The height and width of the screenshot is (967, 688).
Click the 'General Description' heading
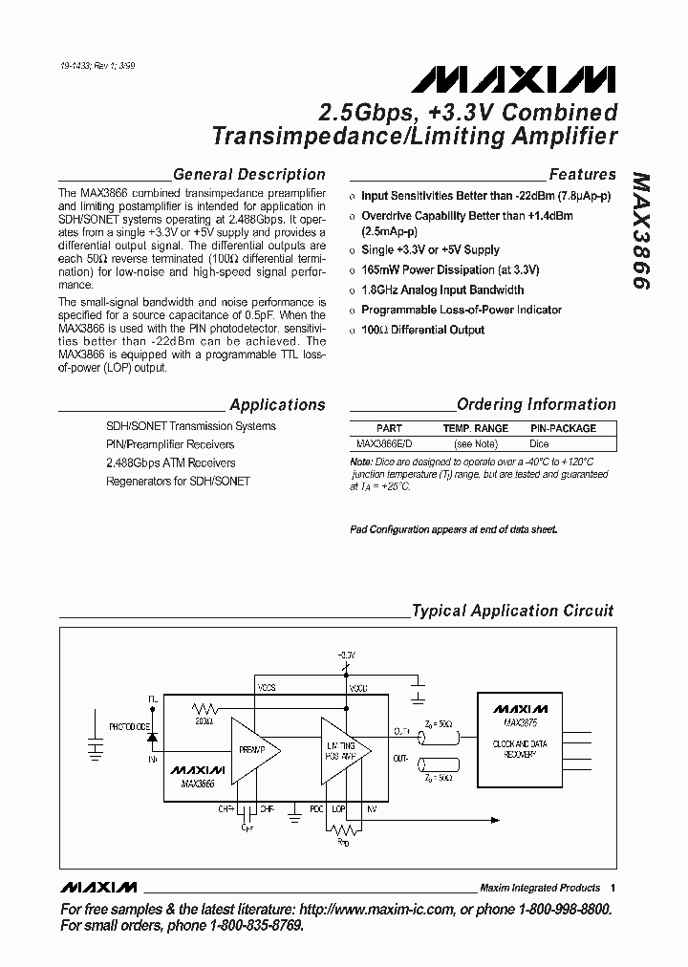[248, 175]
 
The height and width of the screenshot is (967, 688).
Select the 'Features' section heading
[582, 175]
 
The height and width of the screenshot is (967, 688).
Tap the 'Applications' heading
[277, 405]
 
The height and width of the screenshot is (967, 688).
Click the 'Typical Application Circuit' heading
[512, 611]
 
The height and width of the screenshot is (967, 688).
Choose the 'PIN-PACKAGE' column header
[563, 429]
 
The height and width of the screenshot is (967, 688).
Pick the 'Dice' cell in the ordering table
[540, 444]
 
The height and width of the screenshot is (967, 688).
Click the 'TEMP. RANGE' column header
[475, 429]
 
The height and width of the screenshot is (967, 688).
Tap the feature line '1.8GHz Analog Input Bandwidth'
[442, 290]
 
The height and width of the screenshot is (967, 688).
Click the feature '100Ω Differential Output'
[422, 330]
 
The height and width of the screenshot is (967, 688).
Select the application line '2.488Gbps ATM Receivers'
[170, 462]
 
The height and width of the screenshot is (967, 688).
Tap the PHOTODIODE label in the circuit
[129, 727]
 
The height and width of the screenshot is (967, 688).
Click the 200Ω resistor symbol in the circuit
[204, 709]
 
